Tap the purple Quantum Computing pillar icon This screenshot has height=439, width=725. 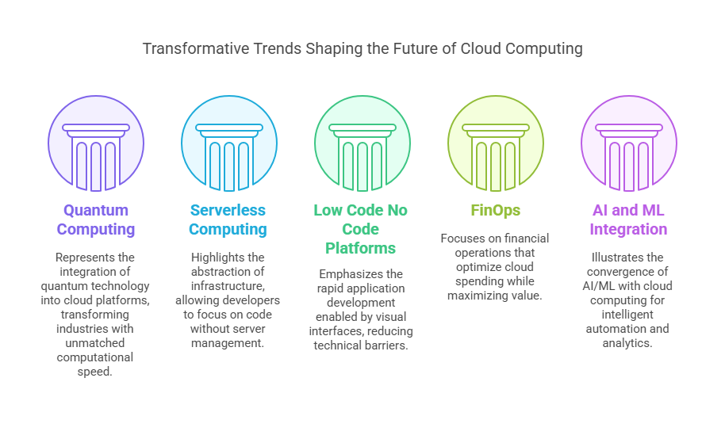coord(96,157)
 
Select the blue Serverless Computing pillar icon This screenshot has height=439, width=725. coord(229,157)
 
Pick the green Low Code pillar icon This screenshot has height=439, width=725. coord(362,157)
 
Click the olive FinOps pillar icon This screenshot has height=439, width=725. coord(495,157)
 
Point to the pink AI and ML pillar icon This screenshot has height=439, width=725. coord(628,157)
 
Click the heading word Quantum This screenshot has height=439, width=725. coord(96,210)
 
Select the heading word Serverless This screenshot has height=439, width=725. coord(228,210)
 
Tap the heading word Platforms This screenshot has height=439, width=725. coord(360,248)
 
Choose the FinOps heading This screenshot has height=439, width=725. coord(495,211)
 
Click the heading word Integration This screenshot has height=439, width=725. coord(628,229)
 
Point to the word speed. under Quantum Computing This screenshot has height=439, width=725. coord(94,372)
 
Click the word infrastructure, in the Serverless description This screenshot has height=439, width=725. coord(228,286)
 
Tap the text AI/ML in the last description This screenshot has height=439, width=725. coord(597,286)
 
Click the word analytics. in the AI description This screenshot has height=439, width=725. coord(627,343)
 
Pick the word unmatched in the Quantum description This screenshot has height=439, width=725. coord(94,343)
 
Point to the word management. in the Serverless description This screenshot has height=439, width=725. coord(228,343)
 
